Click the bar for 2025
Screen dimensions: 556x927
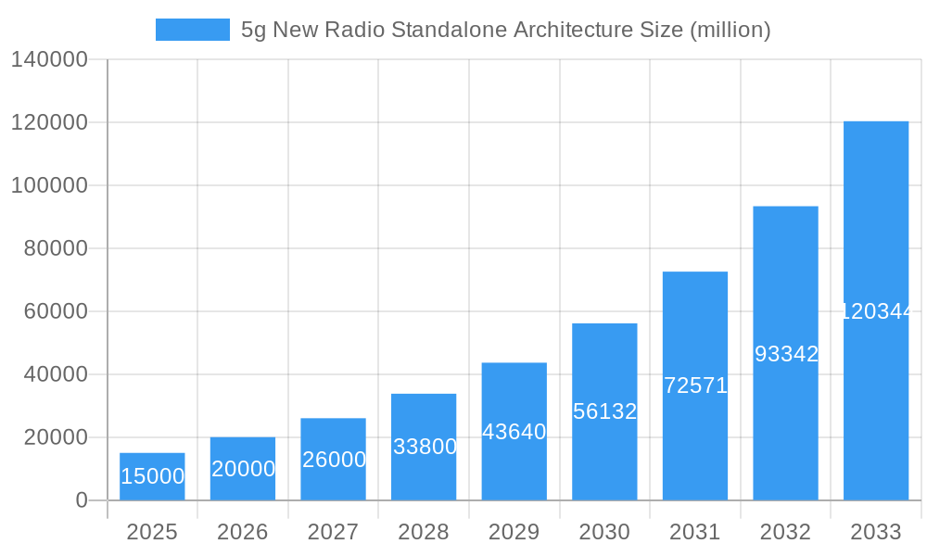pos(152,476)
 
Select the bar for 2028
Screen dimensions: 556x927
pos(424,447)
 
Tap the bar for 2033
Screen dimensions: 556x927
pos(876,310)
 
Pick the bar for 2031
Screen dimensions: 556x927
pos(695,385)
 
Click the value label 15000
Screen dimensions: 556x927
pos(153,476)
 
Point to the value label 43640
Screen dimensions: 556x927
pos(514,432)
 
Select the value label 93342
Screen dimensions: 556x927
pos(786,354)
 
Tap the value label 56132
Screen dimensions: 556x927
pos(604,411)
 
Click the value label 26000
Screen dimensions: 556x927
pos(334,460)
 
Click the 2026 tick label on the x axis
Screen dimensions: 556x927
pos(243,532)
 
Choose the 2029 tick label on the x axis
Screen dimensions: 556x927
pos(514,532)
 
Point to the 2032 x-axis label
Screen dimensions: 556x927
pos(785,532)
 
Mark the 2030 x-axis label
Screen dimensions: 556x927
pos(604,532)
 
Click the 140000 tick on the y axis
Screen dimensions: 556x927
pos(48,60)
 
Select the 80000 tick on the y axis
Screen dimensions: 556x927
pos(55,248)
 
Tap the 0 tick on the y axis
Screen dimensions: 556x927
pos(82,500)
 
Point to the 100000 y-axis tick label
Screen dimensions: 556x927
pos(48,185)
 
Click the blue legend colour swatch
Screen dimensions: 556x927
pos(192,30)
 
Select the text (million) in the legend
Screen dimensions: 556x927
pos(730,30)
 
